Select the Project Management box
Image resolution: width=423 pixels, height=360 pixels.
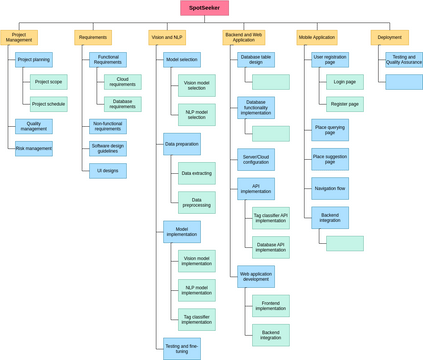pyautogui.click(x=19, y=37)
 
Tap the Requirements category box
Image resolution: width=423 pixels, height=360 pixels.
pyautogui.click(x=93, y=37)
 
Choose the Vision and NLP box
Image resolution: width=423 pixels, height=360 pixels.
pyautogui.click(x=167, y=37)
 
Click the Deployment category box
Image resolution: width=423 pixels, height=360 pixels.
pyautogui.click(x=389, y=37)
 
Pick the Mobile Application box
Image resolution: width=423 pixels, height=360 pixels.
pyautogui.click(x=316, y=37)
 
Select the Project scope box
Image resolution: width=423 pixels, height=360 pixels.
pyautogui.click(x=48, y=82)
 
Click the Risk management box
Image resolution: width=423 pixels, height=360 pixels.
pyautogui.click(x=34, y=148)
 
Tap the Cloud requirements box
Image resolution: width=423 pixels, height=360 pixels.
pyautogui.click(x=122, y=82)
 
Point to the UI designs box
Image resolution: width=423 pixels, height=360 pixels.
pyautogui.click(x=108, y=171)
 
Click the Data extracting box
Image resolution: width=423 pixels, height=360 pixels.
pyautogui.click(x=196, y=173)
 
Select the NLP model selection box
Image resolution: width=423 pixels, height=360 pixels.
pyautogui.click(x=196, y=115)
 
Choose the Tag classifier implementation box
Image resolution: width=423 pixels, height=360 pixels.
pyautogui.click(x=196, y=319)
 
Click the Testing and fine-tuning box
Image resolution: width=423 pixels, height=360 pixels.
pyautogui.click(x=182, y=348)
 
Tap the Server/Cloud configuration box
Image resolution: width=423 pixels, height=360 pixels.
pyautogui.click(x=256, y=159)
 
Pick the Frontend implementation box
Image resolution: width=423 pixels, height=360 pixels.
pyautogui.click(x=270, y=305)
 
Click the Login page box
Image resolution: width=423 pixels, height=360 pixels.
pyautogui.click(x=345, y=82)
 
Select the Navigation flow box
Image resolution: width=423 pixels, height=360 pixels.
pyautogui.click(x=330, y=188)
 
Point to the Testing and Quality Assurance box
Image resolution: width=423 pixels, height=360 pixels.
pyautogui.click(x=404, y=59)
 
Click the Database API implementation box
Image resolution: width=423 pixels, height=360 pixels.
pyautogui.click(x=270, y=247)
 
